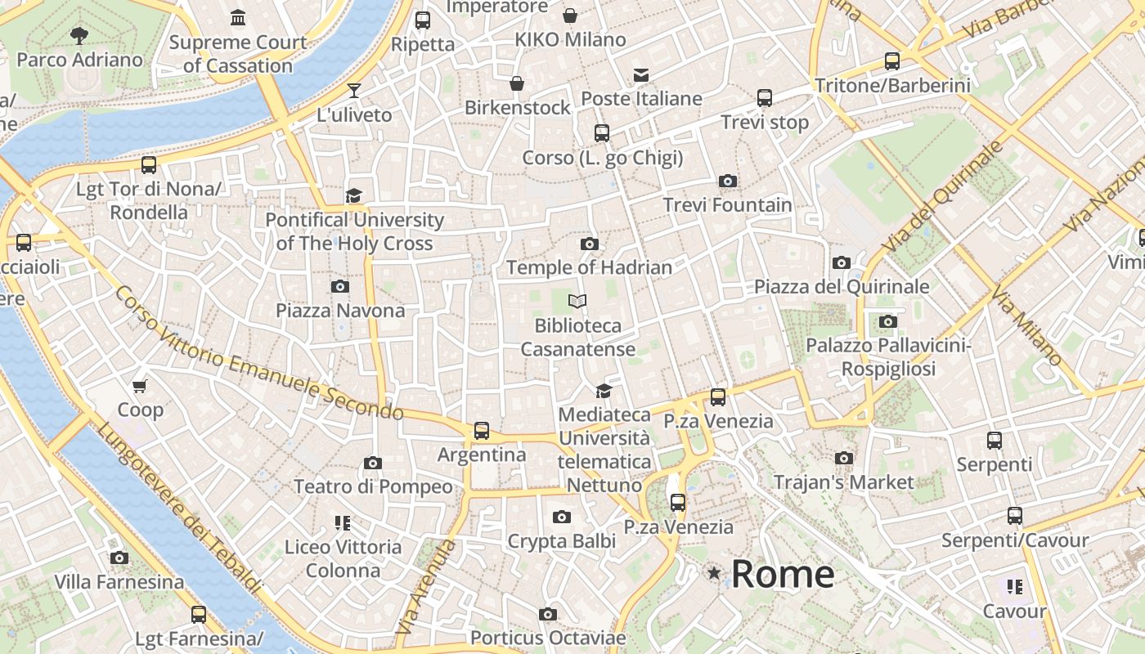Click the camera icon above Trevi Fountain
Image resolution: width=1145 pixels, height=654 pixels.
[x=727, y=181]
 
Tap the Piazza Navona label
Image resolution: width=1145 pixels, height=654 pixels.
[x=340, y=311]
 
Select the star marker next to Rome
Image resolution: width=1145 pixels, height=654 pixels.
[x=715, y=573]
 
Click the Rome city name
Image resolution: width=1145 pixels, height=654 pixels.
[x=782, y=574]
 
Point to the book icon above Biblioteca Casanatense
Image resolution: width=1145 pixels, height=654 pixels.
[x=577, y=302]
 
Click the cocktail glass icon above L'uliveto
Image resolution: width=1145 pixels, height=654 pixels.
[x=354, y=90]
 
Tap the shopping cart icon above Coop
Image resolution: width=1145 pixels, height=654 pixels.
[x=140, y=386]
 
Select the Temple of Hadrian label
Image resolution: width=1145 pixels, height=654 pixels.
[x=589, y=267]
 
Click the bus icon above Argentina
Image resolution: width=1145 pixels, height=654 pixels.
[x=482, y=430]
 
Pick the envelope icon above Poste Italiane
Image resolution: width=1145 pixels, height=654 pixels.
[x=641, y=75]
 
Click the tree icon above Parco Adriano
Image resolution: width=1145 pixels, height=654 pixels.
[x=79, y=35]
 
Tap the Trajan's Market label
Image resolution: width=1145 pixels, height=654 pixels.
[x=843, y=482]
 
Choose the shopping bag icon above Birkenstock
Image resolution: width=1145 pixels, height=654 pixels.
[x=517, y=83]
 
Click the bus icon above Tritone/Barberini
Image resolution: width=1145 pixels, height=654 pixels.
[x=892, y=61]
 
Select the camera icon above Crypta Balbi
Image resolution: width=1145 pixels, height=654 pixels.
[x=561, y=517]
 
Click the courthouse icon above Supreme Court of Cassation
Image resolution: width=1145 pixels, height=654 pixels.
[x=238, y=17]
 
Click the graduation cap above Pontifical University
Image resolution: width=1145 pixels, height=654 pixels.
[x=354, y=195]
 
